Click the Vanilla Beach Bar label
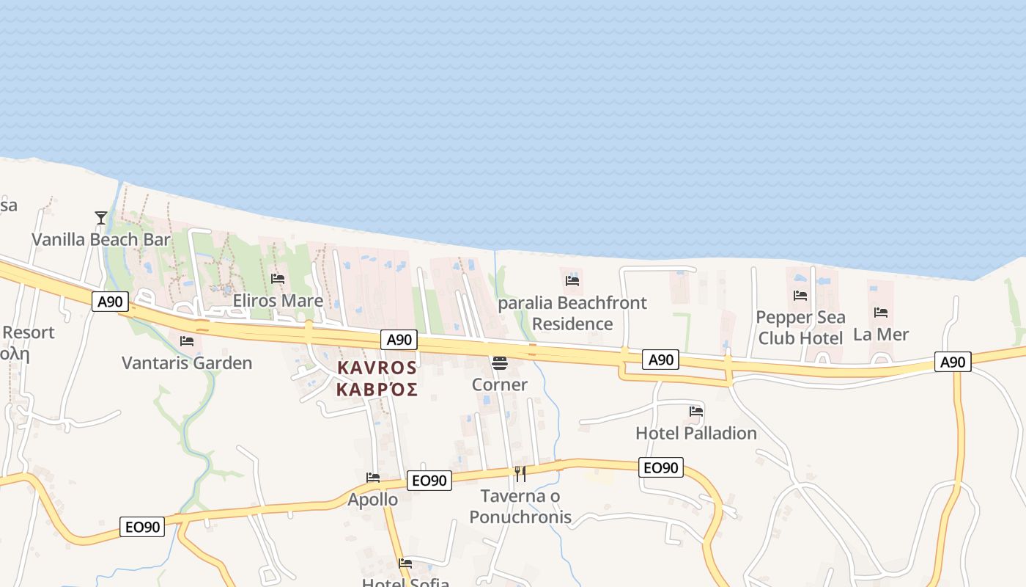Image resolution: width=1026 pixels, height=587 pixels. [x=101, y=239]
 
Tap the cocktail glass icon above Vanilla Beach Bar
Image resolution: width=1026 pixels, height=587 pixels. [x=101, y=217]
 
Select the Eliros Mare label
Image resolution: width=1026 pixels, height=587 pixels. [x=278, y=301]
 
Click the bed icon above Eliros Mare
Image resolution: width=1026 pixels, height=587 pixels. [x=278, y=279]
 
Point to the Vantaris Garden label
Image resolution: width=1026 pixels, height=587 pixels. [x=187, y=362]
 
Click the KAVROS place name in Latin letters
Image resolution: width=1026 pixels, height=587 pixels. [x=377, y=368]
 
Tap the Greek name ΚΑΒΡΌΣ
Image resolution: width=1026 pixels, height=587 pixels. [x=377, y=389]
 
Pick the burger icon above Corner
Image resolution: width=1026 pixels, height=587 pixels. [x=500, y=363]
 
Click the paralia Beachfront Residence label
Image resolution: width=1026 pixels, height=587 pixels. [x=572, y=313]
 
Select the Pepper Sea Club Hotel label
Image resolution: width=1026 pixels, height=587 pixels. [x=800, y=327]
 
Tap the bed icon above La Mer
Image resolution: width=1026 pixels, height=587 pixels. [x=881, y=313]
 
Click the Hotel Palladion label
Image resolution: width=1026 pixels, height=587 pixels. [x=696, y=433]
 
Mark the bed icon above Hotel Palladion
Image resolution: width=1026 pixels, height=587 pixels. [x=696, y=412]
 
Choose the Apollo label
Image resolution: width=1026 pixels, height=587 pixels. [x=373, y=500]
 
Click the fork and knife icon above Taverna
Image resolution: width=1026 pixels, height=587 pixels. [x=520, y=474]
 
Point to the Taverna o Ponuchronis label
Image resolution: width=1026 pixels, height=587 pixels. [x=520, y=506]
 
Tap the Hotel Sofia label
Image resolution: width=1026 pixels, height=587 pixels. [x=405, y=583]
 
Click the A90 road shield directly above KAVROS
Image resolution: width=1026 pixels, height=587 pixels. [x=399, y=340]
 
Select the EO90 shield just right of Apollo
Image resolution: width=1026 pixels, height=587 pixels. [x=429, y=480]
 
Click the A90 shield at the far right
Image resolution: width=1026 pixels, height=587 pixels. [x=953, y=362]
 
